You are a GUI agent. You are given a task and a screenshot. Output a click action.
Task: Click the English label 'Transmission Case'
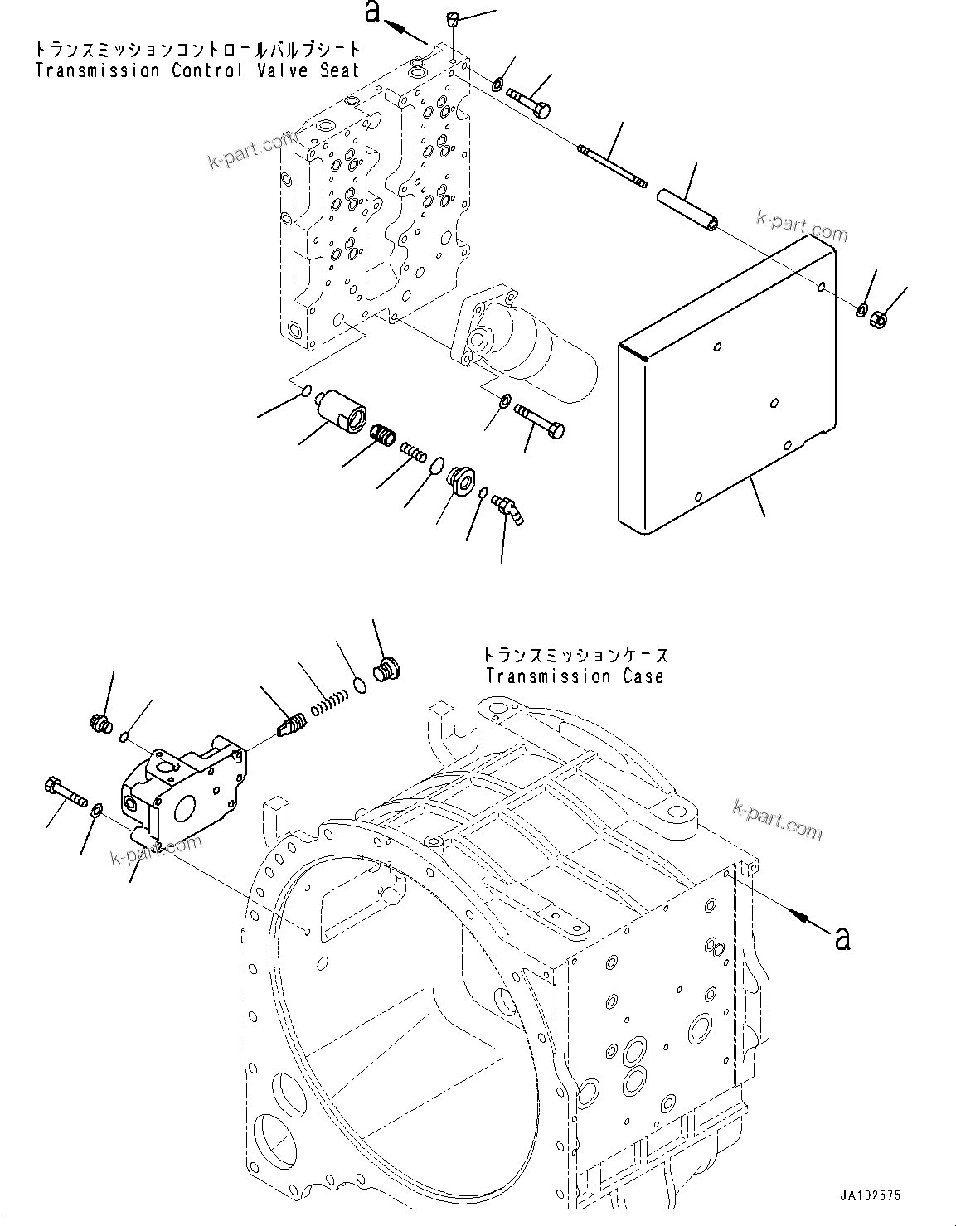[575, 676]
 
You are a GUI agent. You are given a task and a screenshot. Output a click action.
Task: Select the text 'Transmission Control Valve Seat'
[197, 70]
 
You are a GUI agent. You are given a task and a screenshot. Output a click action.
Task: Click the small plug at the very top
[453, 19]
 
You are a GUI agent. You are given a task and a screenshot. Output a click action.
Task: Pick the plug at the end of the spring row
[386, 668]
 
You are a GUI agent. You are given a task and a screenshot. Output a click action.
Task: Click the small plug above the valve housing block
[99, 724]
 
